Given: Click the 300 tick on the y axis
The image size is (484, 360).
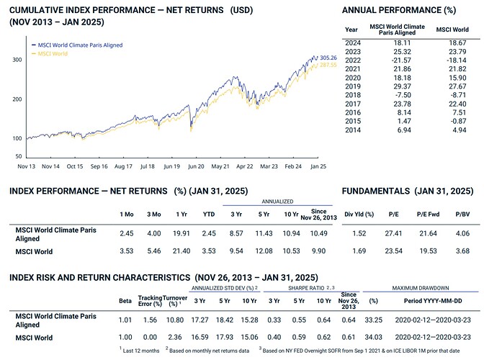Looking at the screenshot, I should point(17,60).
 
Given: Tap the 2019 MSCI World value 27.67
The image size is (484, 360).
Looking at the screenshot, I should point(457,86).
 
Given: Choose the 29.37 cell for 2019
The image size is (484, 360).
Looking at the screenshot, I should point(398,86).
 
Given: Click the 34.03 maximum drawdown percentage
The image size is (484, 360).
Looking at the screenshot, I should point(373,336).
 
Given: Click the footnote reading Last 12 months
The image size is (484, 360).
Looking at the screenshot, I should point(142,349).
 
